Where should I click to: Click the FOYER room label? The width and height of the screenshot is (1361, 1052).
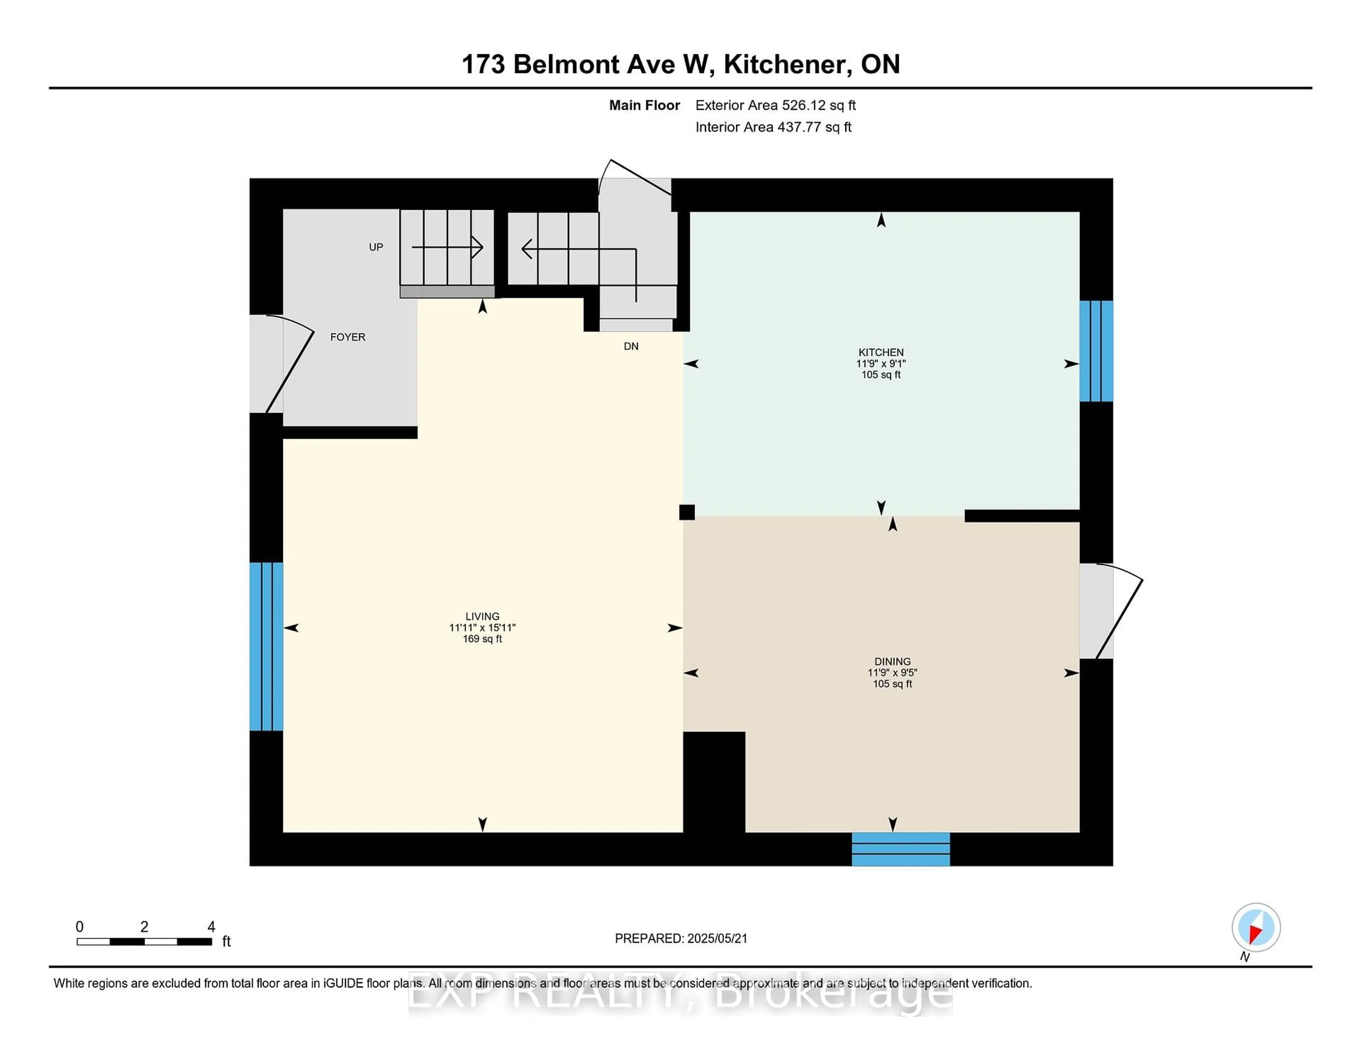348,337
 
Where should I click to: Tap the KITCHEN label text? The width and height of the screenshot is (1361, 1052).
880,352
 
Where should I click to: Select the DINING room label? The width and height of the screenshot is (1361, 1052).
892,661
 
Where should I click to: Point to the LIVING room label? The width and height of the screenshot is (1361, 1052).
482,616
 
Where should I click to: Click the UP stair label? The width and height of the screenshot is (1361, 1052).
376,247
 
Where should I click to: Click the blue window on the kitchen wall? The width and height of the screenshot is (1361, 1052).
1096,351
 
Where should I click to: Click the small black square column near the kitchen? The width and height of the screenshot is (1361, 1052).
687,512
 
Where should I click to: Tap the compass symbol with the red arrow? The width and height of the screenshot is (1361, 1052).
1256,927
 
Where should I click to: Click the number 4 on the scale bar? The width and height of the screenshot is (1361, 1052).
211,927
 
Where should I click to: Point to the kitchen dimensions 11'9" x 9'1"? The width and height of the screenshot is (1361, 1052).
880,363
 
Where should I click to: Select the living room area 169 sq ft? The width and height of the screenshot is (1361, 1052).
482,639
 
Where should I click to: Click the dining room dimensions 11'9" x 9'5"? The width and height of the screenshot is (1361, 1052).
892,672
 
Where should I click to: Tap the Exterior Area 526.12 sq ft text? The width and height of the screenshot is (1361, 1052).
776,105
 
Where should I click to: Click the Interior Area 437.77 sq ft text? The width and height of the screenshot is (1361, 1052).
773,127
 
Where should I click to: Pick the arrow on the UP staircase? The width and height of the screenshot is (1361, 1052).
447,247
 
